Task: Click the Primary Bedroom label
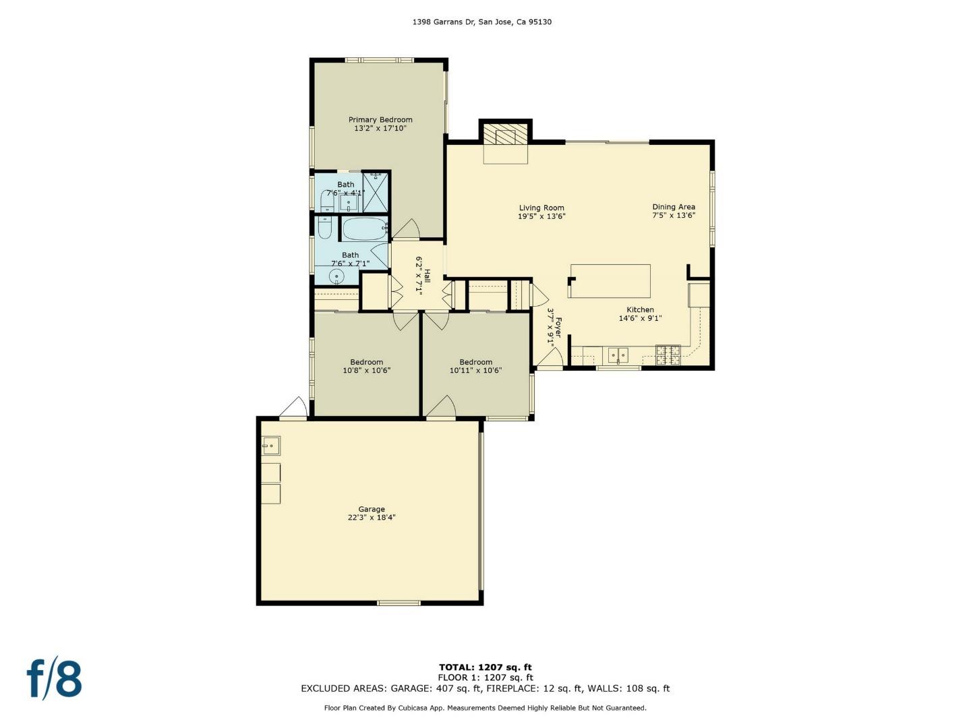point(380,120)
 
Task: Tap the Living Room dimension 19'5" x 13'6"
point(541,217)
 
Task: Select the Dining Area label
point(673,207)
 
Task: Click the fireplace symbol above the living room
point(505,137)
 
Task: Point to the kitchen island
point(611,281)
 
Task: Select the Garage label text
point(371,510)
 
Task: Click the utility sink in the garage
point(271,446)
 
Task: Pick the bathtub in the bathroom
point(365,229)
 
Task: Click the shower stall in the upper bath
point(376,192)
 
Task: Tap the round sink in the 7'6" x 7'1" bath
point(335,276)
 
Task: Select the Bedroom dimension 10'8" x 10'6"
point(366,371)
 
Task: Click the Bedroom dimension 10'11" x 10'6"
point(475,371)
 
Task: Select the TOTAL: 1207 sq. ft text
point(485,667)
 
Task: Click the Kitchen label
point(640,310)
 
